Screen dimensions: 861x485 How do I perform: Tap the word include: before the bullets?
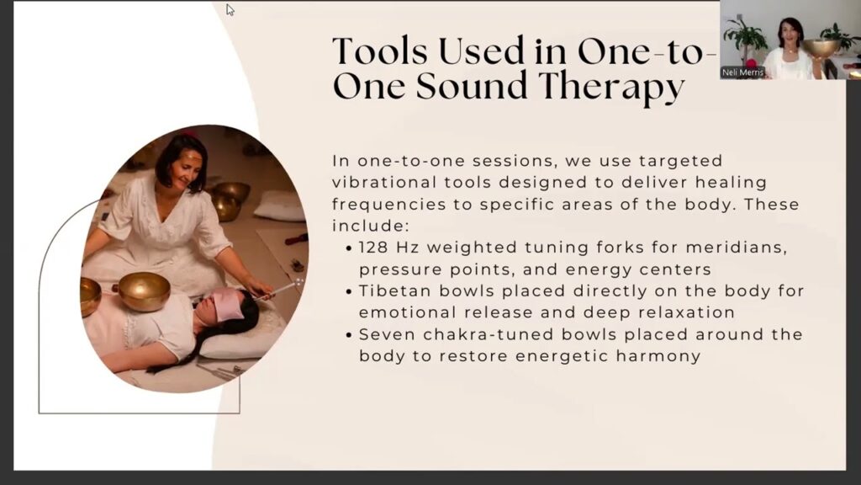pos(371,226)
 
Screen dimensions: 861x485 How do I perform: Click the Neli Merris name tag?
pos(742,72)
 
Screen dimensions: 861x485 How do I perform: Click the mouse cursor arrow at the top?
pos(230,9)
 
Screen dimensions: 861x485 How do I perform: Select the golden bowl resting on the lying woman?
pos(145,291)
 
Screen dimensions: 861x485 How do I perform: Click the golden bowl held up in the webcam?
pos(820,48)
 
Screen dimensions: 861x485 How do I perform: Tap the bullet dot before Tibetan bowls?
pos(349,291)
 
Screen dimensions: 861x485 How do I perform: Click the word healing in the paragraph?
pos(731,183)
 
